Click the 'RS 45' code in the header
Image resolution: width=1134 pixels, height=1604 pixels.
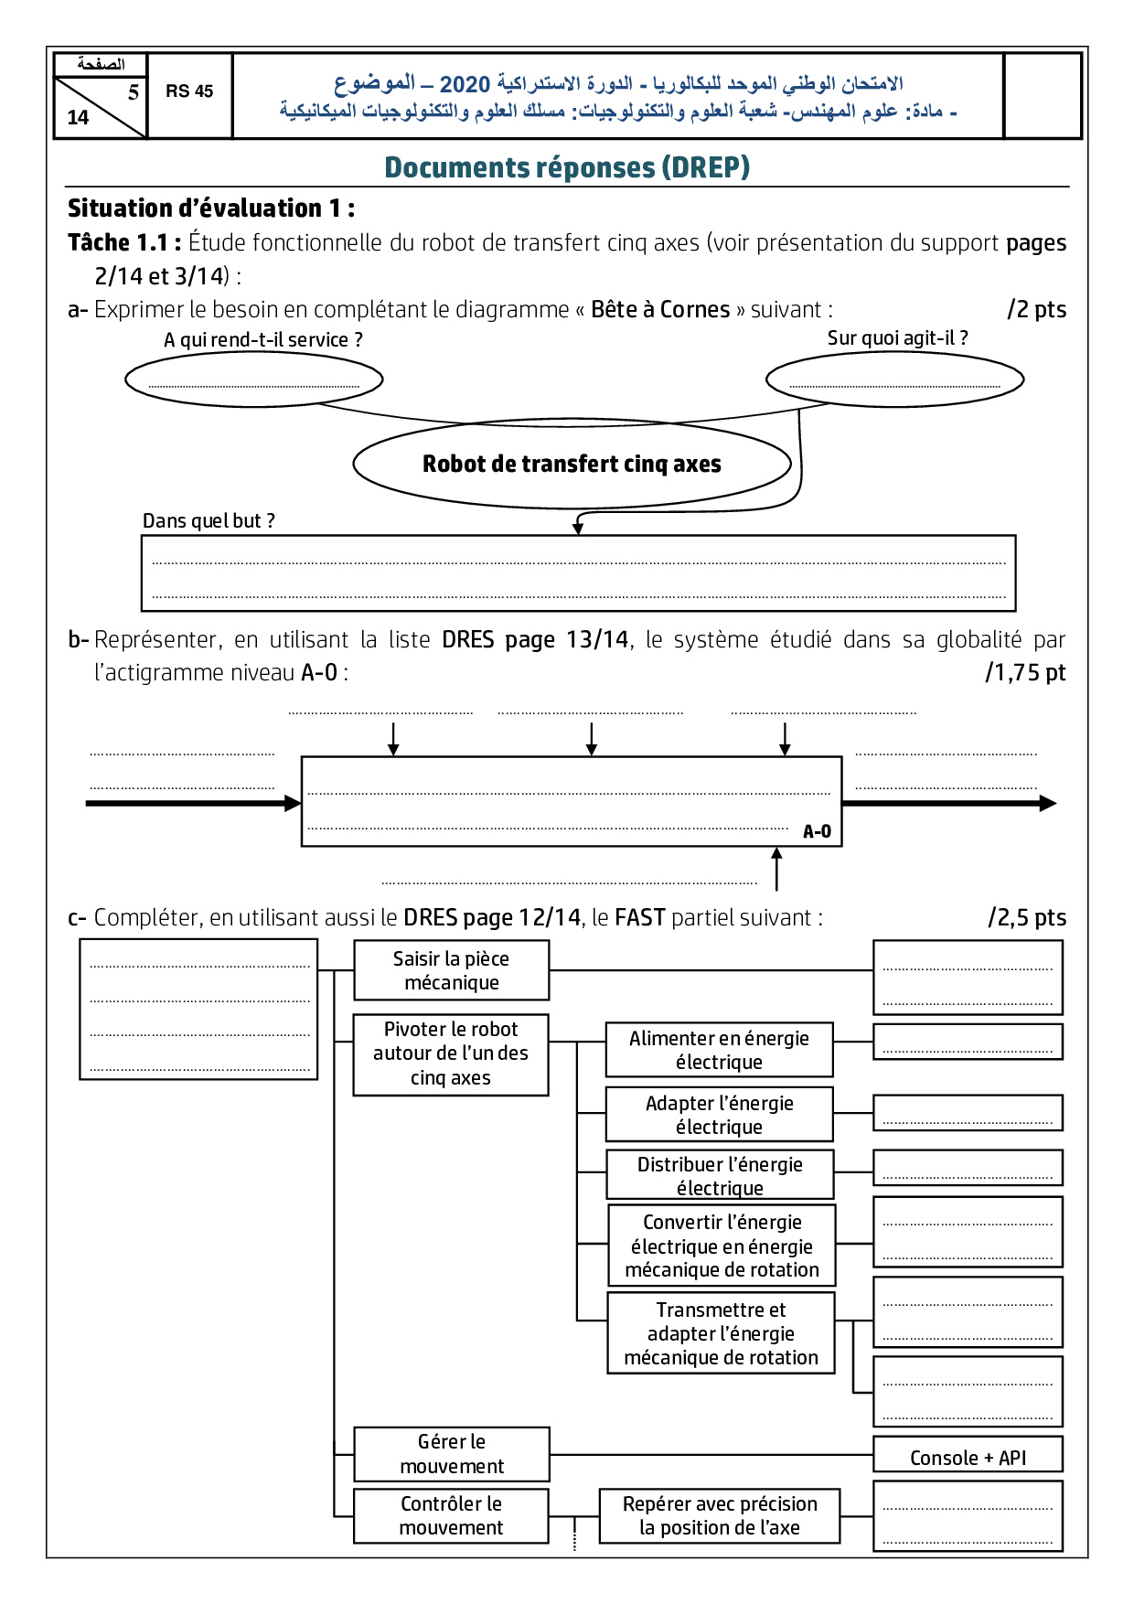coord(189,91)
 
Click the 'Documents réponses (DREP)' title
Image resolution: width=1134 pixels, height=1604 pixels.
coord(567,167)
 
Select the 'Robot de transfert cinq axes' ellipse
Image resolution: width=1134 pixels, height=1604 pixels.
coord(572,464)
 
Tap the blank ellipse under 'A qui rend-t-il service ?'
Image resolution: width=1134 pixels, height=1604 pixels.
coord(253,380)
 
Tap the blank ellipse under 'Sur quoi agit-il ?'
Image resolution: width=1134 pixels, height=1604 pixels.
coord(894,380)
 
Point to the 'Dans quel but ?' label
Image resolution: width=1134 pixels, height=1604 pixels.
coord(209,521)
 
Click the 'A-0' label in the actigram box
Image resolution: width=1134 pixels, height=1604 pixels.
coord(817,831)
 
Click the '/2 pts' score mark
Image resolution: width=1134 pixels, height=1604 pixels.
coord(1036,309)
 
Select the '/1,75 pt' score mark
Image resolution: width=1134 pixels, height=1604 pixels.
coord(1025,673)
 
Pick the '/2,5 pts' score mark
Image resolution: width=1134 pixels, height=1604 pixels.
coord(1027,917)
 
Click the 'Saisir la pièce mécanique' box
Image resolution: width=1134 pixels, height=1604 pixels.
coord(451,970)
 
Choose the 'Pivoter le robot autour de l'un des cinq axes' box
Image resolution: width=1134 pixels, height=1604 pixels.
coord(451,1053)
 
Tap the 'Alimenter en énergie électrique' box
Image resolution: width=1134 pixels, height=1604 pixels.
coord(719,1050)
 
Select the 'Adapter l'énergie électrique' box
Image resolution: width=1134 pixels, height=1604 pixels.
coord(719,1115)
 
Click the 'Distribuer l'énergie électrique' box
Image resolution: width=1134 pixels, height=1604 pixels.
coord(720,1175)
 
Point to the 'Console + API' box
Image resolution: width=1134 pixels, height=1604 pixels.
coord(968,1458)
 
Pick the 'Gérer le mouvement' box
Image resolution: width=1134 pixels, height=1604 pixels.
coord(452,1454)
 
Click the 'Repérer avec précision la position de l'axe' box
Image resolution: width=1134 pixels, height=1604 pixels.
coord(720,1515)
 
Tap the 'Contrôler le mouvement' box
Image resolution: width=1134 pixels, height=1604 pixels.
coord(451,1515)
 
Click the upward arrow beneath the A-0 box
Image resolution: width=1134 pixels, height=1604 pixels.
coord(776,868)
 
